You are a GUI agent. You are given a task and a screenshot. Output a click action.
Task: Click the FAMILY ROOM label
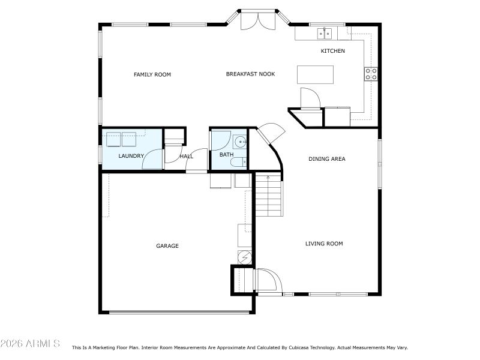(152, 74)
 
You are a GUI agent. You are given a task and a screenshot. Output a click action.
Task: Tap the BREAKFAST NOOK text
(250, 74)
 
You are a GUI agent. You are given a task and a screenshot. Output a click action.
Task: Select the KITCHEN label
(332, 51)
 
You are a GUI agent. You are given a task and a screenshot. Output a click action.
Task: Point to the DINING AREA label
(326, 159)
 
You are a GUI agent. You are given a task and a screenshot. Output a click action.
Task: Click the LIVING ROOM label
(324, 244)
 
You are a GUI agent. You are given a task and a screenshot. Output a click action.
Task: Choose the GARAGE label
(167, 246)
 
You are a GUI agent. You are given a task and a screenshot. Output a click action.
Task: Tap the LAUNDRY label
(131, 157)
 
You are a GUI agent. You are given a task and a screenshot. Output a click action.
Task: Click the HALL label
(187, 157)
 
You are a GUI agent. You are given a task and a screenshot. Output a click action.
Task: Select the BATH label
(226, 155)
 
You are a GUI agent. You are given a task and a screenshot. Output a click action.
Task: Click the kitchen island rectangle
(314, 74)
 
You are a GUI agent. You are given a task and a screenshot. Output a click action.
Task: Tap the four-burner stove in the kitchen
(371, 74)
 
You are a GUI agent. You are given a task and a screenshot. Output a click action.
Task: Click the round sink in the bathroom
(240, 142)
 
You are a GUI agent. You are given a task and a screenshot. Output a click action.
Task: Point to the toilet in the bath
(238, 161)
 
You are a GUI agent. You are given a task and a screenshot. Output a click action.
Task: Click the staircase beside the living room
(268, 195)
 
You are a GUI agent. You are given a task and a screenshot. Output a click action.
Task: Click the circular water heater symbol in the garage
(244, 257)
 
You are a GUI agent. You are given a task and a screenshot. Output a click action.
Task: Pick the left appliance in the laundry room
(113, 139)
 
